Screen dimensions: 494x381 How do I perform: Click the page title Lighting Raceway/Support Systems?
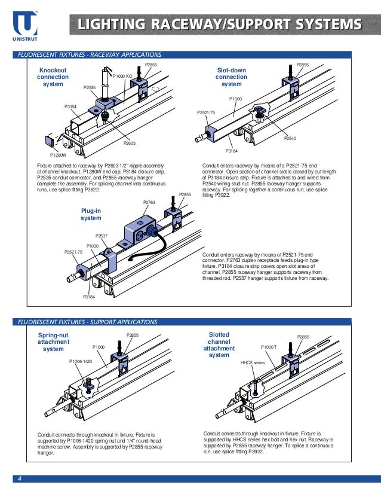pos(220,25)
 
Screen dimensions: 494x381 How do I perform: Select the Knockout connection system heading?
pos(53,77)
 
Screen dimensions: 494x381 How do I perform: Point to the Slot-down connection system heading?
pos(231,77)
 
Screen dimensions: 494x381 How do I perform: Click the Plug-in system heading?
pos(91,215)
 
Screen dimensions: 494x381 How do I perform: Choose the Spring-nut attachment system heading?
pos(53,341)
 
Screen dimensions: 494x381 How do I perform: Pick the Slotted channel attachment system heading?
pos(219,344)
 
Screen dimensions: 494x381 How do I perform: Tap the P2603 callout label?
pos(130,143)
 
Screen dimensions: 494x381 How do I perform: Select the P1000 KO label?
pos(122,76)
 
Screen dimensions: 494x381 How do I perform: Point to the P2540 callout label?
pos(290,138)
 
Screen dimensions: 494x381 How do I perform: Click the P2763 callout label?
pos(149,203)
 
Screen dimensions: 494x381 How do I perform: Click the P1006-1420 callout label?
pos(80,362)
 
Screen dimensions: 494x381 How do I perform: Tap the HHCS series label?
pos(252,362)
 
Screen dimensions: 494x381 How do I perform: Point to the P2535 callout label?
pos(90,87)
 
